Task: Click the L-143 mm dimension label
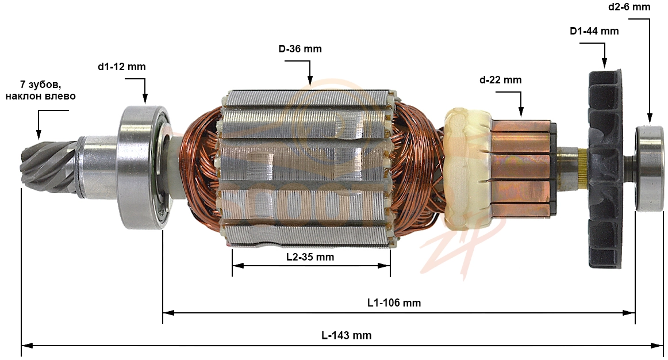[x=346, y=335]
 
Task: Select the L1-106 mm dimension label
[x=394, y=303]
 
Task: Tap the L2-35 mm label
[x=310, y=257]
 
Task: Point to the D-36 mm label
[x=300, y=49]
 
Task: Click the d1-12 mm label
[x=121, y=67]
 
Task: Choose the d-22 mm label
[x=500, y=80]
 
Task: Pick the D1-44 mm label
[x=594, y=31]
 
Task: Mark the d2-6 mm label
[x=629, y=7]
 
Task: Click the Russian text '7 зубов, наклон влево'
[x=40, y=90]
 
